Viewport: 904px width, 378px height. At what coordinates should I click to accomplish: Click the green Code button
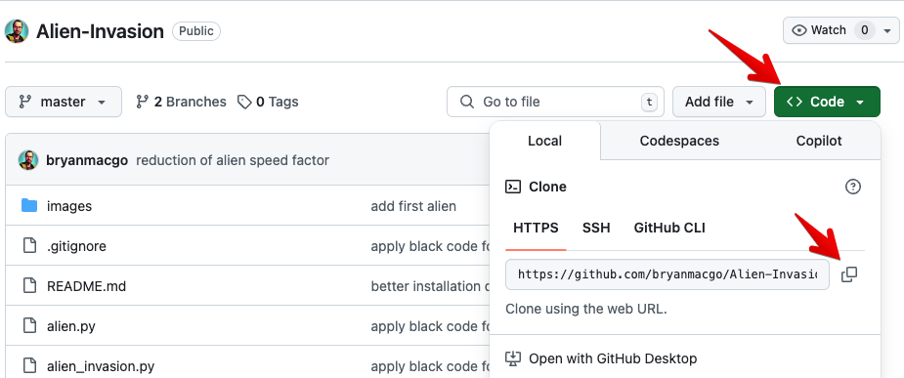(x=827, y=102)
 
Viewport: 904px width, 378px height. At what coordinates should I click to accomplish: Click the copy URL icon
(x=848, y=274)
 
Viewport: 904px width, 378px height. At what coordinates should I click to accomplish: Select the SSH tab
(x=596, y=228)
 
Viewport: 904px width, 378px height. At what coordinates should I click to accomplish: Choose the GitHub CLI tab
(x=669, y=228)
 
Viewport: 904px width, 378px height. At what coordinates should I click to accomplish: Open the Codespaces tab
(x=679, y=141)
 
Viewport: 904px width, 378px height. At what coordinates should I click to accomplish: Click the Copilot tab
(x=819, y=141)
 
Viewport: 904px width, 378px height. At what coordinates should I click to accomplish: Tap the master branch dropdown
(x=64, y=102)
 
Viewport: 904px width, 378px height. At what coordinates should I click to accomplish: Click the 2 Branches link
(x=181, y=102)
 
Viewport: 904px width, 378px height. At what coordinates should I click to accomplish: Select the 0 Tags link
(x=268, y=102)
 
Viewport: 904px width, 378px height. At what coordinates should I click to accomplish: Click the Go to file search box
(x=555, y=102)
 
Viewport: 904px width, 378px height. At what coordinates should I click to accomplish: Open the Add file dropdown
(x=719, y=102)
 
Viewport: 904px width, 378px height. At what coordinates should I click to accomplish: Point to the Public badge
(x=196, y=30)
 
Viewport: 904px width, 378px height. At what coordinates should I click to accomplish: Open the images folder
(x=69, y=206)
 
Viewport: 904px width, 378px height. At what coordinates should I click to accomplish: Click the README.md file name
(x=86, y=286)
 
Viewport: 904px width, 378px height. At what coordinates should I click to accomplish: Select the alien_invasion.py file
(x=101, y=366)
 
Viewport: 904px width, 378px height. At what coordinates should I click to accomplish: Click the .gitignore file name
(x=76, y=246)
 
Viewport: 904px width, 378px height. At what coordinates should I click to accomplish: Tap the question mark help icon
(x=852, y=187)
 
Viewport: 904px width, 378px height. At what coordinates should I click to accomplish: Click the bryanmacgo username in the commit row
(x=87, y=160)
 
